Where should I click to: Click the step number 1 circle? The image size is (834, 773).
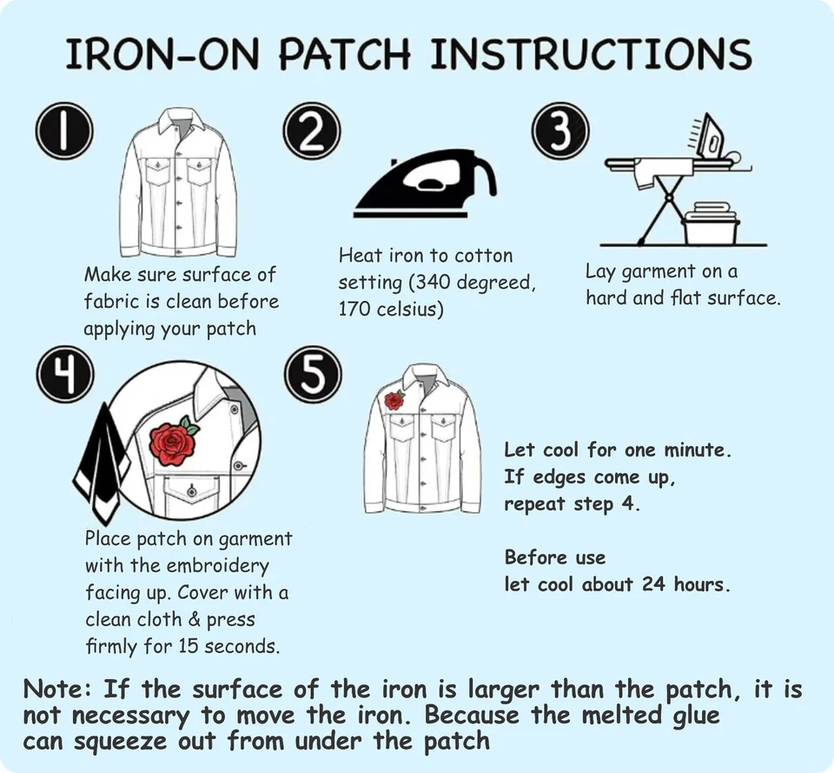tap(63, 132)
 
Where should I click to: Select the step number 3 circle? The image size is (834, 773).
tap(560, 132)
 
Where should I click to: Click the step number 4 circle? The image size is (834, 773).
tap(63, 375)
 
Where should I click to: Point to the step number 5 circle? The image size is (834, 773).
tap(313, 377)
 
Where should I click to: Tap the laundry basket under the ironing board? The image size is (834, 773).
tap(712, 225)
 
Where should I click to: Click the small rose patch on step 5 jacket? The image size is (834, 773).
tap(394, 400)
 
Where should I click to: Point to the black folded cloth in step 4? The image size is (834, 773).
tap(103, 456)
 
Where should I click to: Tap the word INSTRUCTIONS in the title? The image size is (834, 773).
tap(591, 54)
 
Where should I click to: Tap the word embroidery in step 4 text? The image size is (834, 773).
tap(217, 566)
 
